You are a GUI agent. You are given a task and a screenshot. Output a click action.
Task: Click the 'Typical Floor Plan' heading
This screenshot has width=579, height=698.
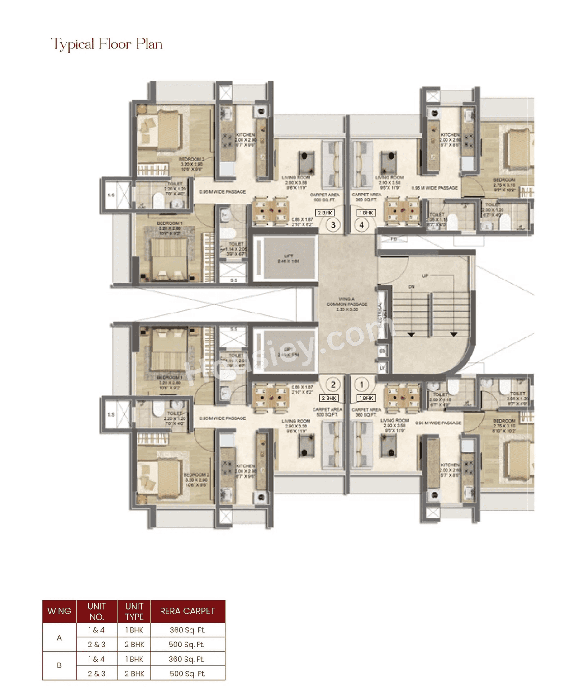107,44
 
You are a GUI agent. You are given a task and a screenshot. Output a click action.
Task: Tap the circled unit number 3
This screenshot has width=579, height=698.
333,224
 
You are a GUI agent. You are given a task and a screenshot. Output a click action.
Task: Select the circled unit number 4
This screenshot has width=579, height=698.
361,224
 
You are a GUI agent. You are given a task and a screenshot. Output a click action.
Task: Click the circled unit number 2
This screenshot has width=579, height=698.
333,385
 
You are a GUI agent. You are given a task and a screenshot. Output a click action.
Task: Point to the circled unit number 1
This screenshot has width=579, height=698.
361,385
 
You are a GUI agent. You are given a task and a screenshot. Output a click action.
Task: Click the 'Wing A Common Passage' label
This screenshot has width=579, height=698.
347,304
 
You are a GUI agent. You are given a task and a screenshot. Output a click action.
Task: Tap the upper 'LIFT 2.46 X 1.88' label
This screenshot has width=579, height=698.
288,259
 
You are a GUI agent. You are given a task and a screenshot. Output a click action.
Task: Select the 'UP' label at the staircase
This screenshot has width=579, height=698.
425,275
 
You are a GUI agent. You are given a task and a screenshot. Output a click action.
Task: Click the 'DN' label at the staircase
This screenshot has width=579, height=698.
411,287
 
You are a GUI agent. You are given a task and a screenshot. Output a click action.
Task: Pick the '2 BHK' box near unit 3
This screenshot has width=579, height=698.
325,213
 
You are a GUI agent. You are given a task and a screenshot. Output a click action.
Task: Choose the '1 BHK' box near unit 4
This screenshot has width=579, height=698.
366,213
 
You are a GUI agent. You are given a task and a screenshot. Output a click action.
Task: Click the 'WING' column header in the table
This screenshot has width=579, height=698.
59,611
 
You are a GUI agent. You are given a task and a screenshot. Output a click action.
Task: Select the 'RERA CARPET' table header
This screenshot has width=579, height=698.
187,611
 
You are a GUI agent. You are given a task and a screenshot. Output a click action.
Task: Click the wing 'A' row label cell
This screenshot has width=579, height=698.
59,637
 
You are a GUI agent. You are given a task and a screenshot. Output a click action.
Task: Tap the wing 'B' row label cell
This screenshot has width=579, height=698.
59,665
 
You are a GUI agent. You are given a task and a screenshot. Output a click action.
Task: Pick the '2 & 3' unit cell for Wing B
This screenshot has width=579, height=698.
96,674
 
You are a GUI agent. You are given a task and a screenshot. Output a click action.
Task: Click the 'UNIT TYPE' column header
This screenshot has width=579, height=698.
134,611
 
